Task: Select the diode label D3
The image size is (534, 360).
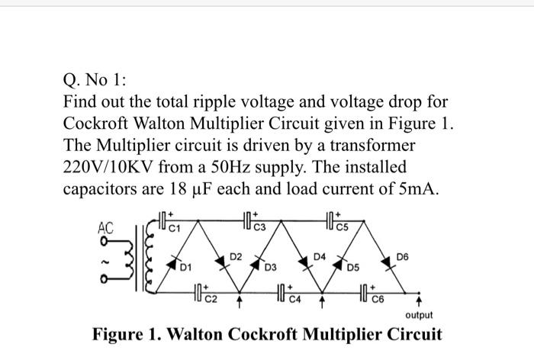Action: pyautogui.click(x=270, y=267)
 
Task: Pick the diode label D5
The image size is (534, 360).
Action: pyautogui.click(x=352, y=267)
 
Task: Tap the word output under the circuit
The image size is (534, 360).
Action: pyautogui.click(x=418, y=314)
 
